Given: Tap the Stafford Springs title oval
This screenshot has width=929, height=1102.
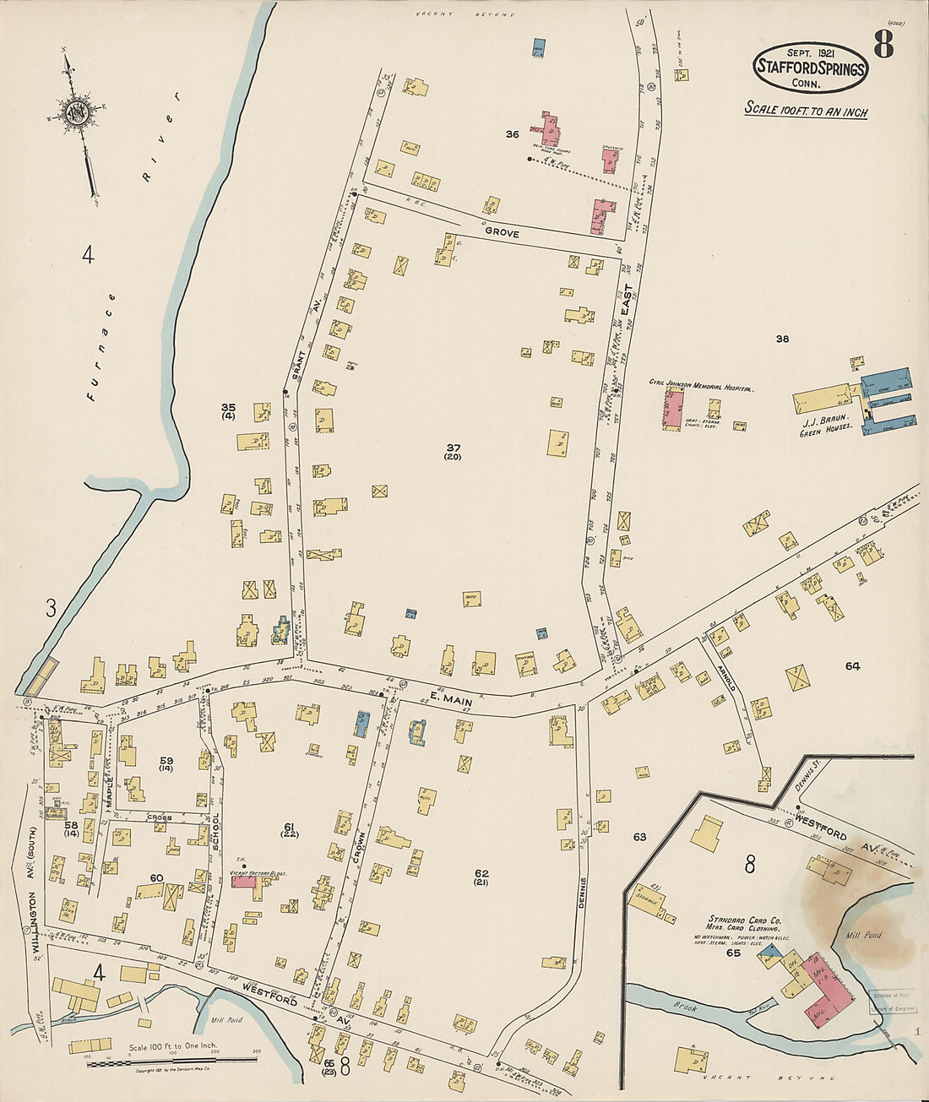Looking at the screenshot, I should tap(810, 68).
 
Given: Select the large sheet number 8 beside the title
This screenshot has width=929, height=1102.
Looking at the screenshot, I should tap(883, 45).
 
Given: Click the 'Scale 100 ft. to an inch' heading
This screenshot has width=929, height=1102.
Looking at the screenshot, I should tap(806, 111).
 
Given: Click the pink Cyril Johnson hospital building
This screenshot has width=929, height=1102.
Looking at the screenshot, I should tap(673, 408).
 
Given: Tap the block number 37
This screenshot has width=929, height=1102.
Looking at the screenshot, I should tap(454, 447).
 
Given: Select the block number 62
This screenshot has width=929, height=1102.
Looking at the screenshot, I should tap(481, 873).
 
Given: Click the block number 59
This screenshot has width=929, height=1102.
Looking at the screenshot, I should tap(166, 760).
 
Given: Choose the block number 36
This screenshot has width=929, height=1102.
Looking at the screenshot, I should tap(512, 134).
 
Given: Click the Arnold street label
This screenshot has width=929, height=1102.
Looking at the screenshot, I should tap(729, 673).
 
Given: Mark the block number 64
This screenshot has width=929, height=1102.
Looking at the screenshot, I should tap(852, 666).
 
